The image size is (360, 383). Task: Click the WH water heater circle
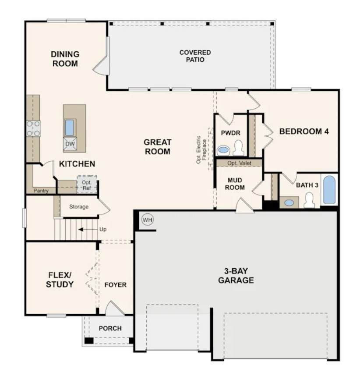click(148, 220)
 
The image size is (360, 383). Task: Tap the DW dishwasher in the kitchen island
click(70, 144)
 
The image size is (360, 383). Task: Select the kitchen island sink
click(70, 128)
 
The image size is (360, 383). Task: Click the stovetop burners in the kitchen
click(33, 128)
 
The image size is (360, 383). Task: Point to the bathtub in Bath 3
click(329, 190)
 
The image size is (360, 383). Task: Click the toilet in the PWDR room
click(238, 148)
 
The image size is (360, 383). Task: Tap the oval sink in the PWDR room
click(222, 149)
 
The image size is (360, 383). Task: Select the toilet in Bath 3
click(309, 200)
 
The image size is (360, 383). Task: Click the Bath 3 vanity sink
click(289, 203)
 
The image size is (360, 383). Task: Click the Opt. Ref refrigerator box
click(87, 184)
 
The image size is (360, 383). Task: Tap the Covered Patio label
click(195, 56)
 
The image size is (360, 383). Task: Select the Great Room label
click(158, 146)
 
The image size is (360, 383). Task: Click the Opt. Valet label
click(239, 163)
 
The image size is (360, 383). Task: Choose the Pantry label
click(41, 191)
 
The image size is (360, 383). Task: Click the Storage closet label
click(79, 207)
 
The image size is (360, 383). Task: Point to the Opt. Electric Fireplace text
click(201, 150)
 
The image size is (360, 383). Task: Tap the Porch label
click(110, 328)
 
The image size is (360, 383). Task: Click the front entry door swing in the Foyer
click(114, 308)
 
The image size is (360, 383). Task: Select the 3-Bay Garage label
click(236, 276)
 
